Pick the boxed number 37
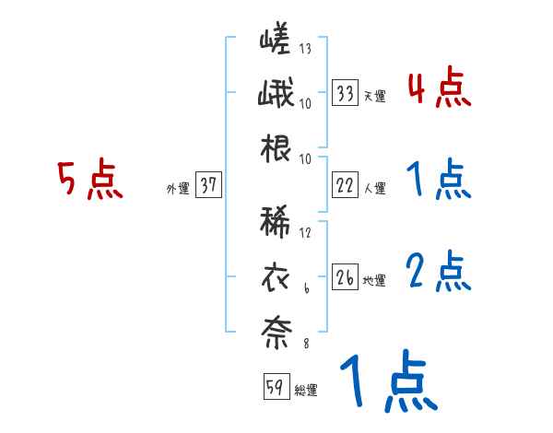[208, 186]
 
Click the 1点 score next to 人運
[439, 181]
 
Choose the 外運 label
[178, 188]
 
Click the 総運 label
[305, 390]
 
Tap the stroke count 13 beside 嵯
[305, 50]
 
